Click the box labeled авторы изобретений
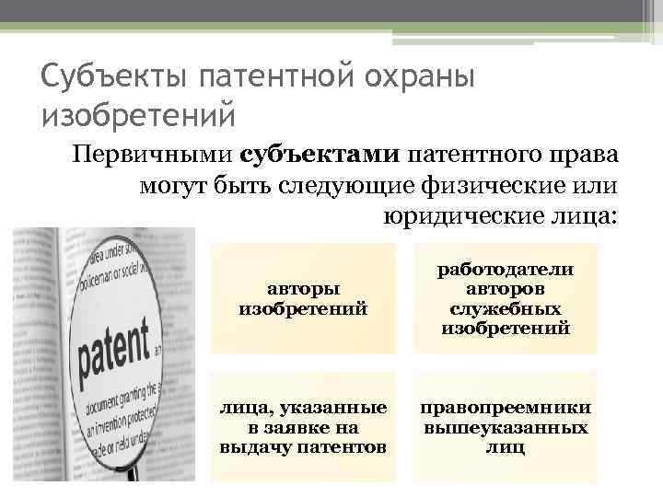pyautogui.click(x=303, y=299)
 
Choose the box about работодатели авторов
pyautogui.click(x=505, y=298)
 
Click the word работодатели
pyautogui.click(x=505, y=269)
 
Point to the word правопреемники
pyautogui.click(x=505, y=408)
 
